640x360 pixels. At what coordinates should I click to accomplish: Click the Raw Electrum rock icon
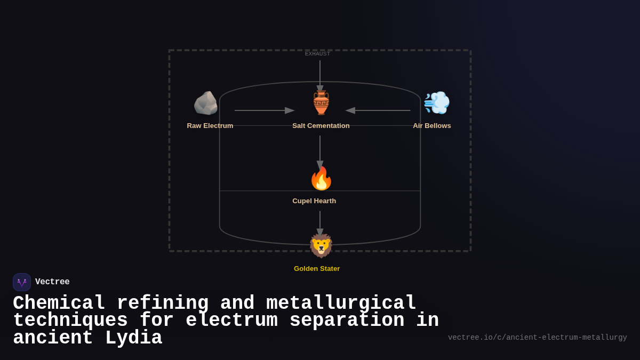(205, 103)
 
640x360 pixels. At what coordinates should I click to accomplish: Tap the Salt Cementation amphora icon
(321, 103)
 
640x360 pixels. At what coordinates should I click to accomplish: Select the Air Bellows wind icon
(436, 102)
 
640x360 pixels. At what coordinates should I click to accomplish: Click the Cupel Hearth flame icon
(321, 178)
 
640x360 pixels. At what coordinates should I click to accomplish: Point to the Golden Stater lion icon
(321, 246)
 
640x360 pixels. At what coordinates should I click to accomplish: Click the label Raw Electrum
(210, 126)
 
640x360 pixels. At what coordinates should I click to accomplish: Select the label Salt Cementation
(321, 126)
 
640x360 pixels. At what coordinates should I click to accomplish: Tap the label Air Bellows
(432, 126)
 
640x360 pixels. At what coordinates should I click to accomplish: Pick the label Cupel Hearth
(314, 201)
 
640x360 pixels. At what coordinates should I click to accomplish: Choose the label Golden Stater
(317, 269)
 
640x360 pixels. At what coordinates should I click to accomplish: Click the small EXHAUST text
(317, 54)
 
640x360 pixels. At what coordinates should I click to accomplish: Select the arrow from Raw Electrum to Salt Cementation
(264, 110)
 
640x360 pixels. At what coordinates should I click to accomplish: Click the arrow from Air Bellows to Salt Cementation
(378, 110)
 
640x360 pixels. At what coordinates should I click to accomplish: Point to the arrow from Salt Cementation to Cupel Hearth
(320, 151)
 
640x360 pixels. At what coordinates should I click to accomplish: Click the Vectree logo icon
(22, 282)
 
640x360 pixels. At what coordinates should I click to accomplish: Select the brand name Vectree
(52, 282)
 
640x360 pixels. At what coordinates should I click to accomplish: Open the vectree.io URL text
(537, 338)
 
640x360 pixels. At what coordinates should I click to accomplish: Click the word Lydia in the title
(133, 339)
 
